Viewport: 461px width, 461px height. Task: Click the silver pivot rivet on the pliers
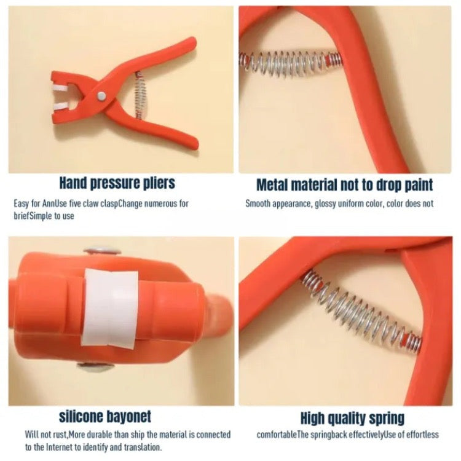coord(101,95)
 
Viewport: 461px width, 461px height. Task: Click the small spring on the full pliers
coord(140,95)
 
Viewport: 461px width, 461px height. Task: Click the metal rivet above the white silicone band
coord(102,251)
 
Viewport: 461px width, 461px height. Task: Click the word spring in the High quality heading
coord(387,419)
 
